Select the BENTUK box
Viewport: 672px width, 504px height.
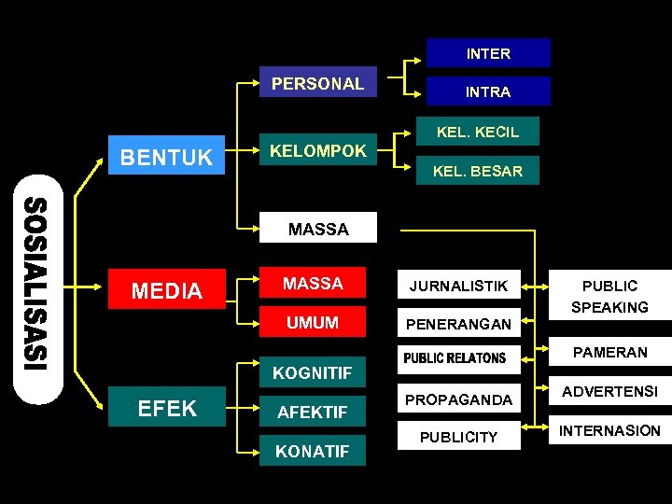pos(167,158)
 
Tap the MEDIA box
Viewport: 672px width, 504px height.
pos(167,291)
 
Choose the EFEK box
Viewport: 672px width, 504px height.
pos(167,408)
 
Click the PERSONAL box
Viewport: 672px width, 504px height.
pos(317,83)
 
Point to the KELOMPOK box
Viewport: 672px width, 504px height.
pos(317,150)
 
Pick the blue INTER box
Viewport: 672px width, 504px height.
pos(488,53)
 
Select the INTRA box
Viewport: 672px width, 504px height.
pos(488,91)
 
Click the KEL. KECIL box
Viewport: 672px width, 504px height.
pos(478,132)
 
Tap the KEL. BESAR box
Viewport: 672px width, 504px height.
pos(478,171)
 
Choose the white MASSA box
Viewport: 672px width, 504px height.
pos(317,229)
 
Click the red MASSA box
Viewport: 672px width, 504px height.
pos(314,283)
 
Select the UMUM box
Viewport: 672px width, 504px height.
pos(314,323)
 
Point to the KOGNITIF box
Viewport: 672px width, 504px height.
pos(312,373)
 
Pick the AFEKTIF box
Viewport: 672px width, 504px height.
pos(312,411)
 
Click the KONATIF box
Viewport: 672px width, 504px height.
pos(312,451)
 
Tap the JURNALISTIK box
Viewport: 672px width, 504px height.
pos(458,286)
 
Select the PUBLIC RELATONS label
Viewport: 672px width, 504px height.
pos(455,358)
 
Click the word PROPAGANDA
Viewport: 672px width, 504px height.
pos(458,399)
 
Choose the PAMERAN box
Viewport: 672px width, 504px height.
pos(609,352)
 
